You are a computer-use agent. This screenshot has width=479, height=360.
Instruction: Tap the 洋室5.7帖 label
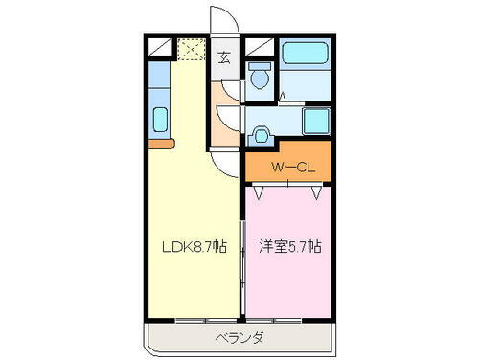[290, 246]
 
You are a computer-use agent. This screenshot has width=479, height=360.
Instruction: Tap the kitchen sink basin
[161, 121]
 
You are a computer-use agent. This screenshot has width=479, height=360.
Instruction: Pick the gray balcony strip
[239, 338]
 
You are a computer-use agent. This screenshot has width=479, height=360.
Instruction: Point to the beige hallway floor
[224, 134]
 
